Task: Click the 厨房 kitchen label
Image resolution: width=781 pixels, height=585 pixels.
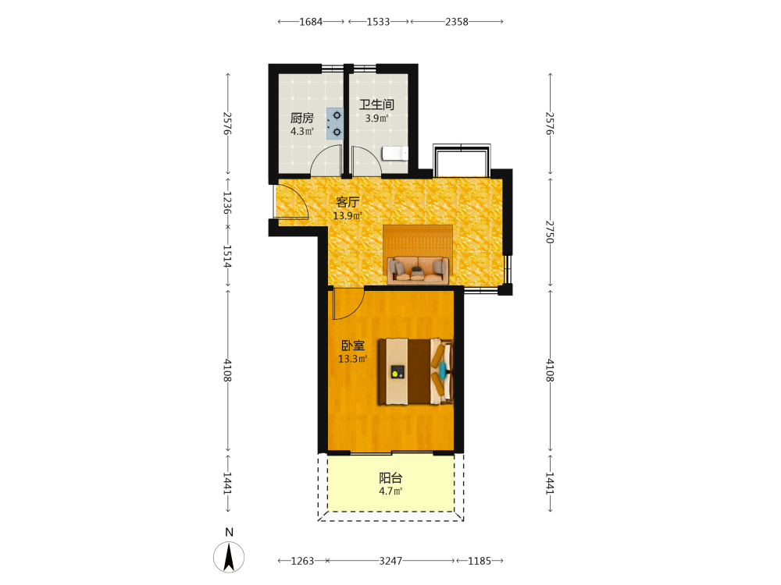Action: pos(301,118)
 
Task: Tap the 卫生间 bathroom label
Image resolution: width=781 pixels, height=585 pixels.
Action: pos(376,105)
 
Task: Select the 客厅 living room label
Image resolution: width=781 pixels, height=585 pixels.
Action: pos(348,202)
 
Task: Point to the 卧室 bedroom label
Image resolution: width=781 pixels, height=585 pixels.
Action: pos(353,346)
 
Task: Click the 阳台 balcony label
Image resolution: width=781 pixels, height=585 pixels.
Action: pos(390,478)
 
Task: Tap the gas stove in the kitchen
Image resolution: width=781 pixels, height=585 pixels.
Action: pos(335,123)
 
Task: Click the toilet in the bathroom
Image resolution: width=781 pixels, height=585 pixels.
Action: pos(395,153)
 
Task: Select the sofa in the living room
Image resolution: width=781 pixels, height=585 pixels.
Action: pos(418,269)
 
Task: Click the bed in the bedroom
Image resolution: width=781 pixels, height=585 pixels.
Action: pos(416,371)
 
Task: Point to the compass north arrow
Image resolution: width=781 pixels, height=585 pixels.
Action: pos(229,557)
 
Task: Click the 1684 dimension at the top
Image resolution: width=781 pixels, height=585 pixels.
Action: pos(311,22)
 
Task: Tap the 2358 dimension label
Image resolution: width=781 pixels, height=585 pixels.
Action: pos(457,22)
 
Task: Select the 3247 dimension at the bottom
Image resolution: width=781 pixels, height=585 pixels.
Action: pos(390,561)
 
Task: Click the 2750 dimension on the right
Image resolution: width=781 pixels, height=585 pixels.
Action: pos(550,232)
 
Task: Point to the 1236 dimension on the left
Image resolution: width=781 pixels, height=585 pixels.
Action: pos(227,203)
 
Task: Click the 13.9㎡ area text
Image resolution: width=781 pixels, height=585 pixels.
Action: pos(348,216)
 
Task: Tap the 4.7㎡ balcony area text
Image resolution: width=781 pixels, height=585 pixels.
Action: pos(390,491)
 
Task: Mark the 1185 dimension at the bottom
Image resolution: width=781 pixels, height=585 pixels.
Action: pos(480,561)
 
